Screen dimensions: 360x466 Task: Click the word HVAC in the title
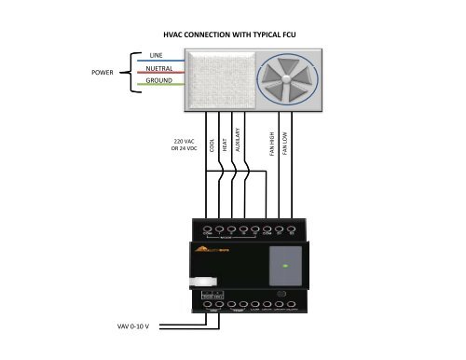pyautogui.click(x=179, y=35)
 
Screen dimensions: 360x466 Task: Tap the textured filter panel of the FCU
pyautogui.click(x=219, y=78)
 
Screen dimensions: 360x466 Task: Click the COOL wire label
pyautogui.click(x=212, y=145)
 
